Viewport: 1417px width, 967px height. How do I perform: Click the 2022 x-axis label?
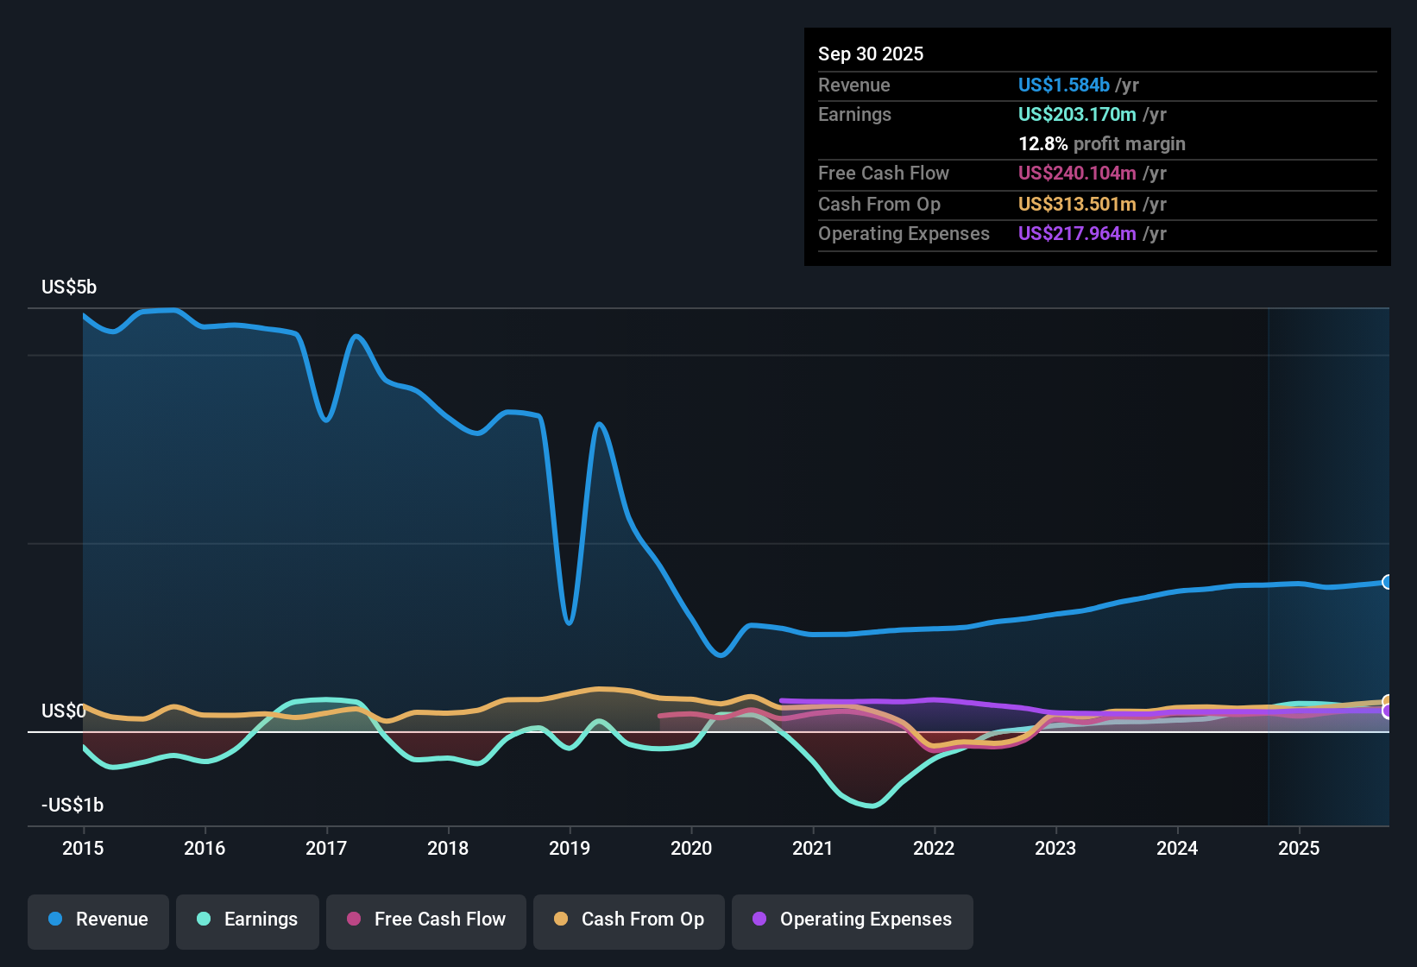[934, 848]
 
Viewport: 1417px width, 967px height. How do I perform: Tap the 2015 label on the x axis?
[83, 848]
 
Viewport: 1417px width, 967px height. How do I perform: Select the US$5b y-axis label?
[69, 288]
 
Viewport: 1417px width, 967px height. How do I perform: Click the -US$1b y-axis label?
[72, 805]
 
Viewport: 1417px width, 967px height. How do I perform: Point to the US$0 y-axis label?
[63, 711]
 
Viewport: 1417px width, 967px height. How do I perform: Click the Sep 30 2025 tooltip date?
[871, 54]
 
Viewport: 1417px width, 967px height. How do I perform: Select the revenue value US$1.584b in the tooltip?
[1063, 85]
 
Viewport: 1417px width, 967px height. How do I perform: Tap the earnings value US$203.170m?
[1077, 115]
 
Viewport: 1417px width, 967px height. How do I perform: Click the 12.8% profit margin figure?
[1042, 143]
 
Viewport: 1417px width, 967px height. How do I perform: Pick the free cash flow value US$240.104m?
[1077, 173]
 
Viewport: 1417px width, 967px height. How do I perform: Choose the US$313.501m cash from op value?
[1077, 204]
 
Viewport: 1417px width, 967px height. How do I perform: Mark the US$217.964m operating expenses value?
[1077, 233]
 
